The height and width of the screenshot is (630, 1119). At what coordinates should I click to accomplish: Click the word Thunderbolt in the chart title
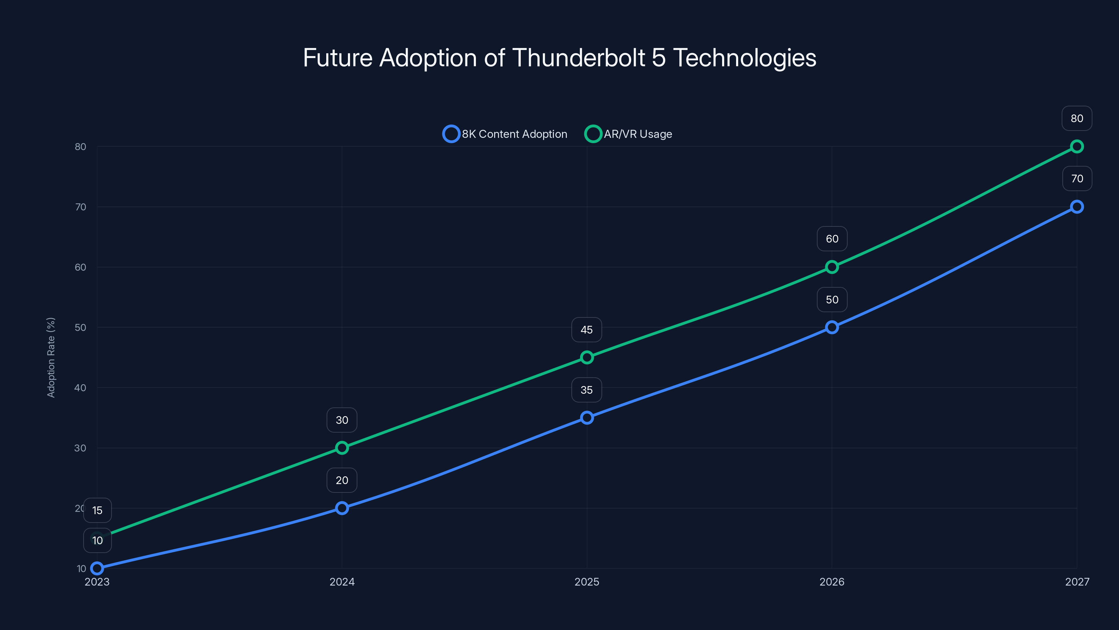click(579, 58)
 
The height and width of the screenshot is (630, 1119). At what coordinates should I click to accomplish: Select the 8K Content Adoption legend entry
click(505, 134)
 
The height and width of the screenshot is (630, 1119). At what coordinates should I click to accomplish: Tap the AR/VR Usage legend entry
click(629, 134)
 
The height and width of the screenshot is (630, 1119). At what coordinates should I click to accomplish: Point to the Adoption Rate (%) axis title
click(51, 357)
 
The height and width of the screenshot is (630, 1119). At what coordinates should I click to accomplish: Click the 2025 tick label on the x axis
click(586, 582)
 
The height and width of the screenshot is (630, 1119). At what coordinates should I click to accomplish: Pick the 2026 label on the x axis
click(832, 582)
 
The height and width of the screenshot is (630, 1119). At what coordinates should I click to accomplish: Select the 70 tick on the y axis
click(80, 207)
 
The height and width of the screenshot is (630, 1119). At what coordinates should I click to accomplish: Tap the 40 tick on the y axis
click(80, 388)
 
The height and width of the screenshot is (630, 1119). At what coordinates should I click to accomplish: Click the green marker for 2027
click(1076, 147)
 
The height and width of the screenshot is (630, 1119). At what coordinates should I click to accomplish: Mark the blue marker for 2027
click(1076, 207)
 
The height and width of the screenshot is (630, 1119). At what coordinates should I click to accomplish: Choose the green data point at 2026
click(832, 267)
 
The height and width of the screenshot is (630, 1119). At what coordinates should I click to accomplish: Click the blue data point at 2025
click(587, 418)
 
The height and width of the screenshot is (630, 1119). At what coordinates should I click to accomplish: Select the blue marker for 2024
click(342, 508)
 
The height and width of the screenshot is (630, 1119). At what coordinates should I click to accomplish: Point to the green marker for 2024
click(342, 448)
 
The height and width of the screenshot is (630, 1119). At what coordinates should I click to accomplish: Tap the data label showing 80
click(1076, 118)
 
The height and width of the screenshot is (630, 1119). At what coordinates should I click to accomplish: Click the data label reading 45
click(586, 330)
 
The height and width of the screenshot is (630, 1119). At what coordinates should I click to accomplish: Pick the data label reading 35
click(586, 390)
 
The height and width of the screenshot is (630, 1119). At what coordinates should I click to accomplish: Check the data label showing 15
click(97, 510)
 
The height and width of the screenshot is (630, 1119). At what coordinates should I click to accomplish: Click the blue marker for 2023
click(97, 568)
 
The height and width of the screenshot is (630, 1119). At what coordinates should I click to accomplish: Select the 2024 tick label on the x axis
click(342, 582)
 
